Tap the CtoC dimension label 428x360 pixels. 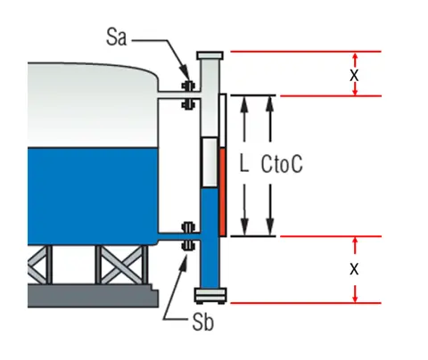[x=285, y=165]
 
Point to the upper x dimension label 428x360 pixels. [x=353, y=75]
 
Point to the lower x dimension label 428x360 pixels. [x=354, y=267]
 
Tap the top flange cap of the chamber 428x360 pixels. [x=209, y=53]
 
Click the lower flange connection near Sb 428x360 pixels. [x=187, y=235]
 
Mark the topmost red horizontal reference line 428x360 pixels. [x=303, y=52]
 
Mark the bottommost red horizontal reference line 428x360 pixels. [x=303, y=303]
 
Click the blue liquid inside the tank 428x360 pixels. [x=89, y=187]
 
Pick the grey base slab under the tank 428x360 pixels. [x=89, y=295]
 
